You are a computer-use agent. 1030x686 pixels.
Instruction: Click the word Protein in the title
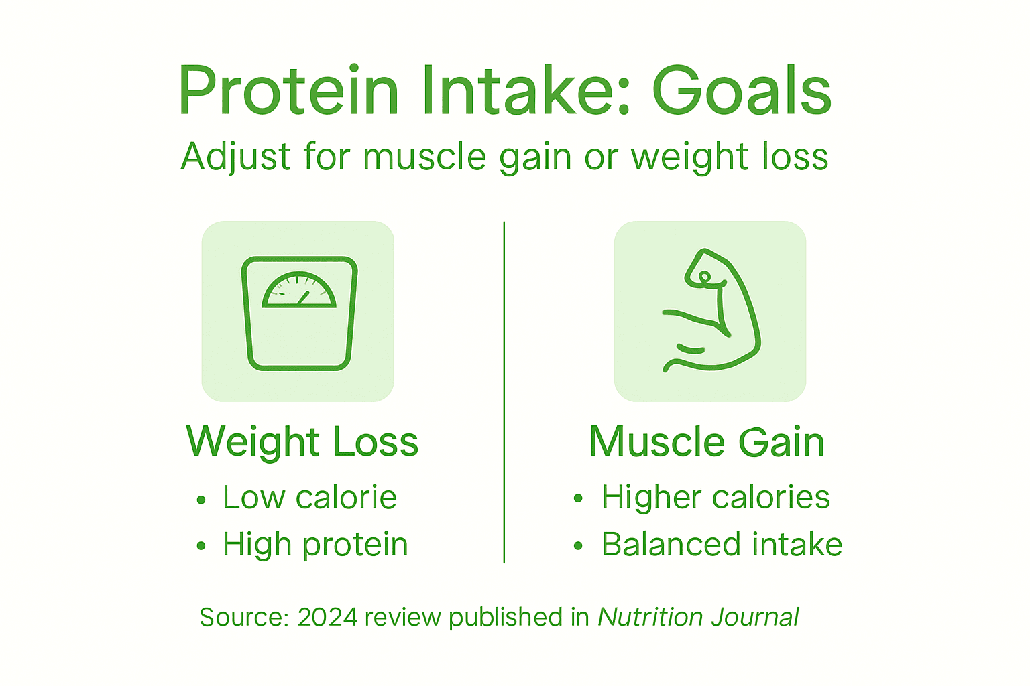[x=289, y=92]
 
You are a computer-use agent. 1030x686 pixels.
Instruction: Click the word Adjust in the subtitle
[x=235, y=158]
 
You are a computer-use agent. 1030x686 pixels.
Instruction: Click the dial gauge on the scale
[x=298, y=291]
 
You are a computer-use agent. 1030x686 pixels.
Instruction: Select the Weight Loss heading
[x=302, y=442]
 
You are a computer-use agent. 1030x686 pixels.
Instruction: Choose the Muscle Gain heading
[x=707, y=442]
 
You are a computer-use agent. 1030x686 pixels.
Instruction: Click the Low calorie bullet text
[x=310, y=498]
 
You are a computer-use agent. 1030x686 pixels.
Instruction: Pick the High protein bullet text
[x=315, y=545]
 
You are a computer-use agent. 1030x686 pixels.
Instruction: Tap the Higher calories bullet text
[x=716, y=498]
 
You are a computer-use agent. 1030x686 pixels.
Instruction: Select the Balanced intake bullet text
[x=722, y=545]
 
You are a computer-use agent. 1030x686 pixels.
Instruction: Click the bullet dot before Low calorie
[x=201, y=500]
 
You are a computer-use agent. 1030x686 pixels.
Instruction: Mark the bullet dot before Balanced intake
[x=579, y=547]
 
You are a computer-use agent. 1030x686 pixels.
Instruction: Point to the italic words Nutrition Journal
[x=698, y=618]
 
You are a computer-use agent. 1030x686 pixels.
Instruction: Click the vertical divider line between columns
[x=504, y=392]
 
